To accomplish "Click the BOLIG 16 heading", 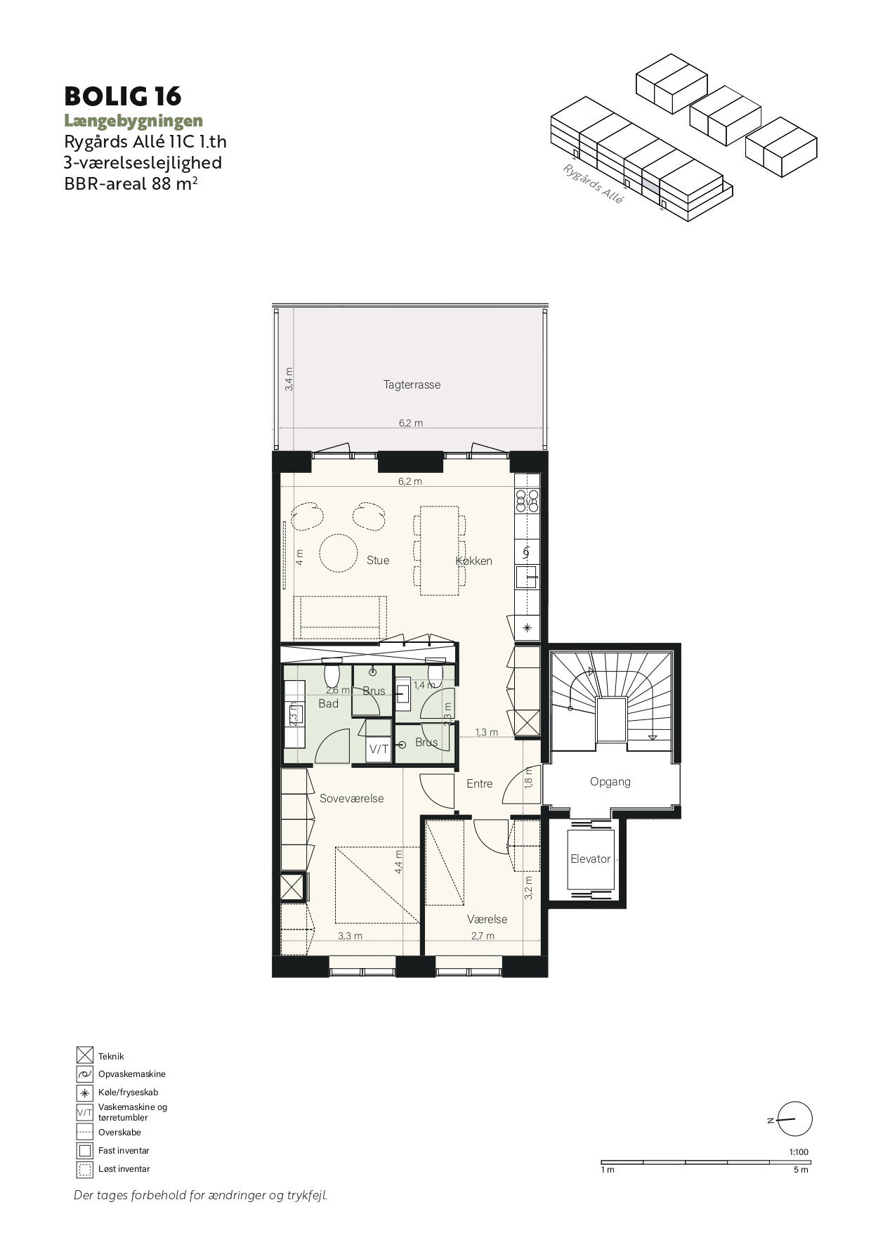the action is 123,96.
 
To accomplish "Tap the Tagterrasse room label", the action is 412,385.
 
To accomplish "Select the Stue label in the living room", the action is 378,560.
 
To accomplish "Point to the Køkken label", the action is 474,561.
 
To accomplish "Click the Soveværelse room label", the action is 351,799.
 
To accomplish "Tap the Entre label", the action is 480,783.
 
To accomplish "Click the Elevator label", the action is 591,859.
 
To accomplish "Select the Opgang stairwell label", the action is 610,781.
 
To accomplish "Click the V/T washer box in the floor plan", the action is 379,749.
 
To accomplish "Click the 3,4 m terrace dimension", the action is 289,379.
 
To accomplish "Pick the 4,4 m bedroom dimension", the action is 399,861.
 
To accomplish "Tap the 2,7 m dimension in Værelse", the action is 483,936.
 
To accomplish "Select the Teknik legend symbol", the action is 85,1055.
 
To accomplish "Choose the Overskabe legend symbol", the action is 85,1132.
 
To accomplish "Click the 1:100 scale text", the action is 799,1152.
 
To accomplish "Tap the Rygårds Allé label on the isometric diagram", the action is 594,183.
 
